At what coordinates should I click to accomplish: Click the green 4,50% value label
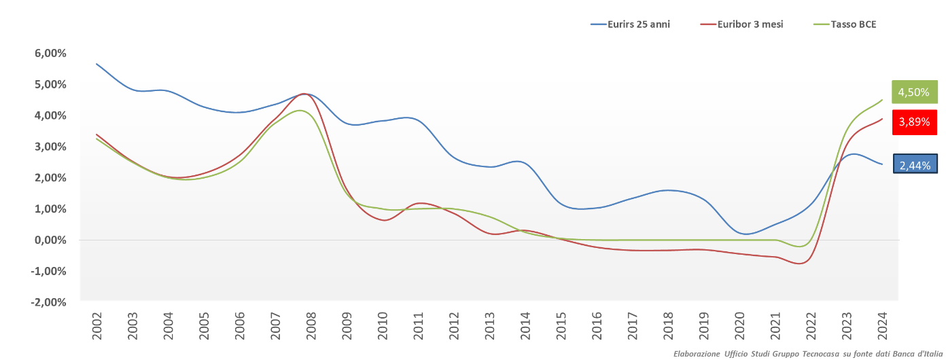coord(913,92)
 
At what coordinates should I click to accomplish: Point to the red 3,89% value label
coord(913,122)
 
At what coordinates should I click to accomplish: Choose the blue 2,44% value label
coord(915,164)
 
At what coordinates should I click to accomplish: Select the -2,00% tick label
coord(46,302)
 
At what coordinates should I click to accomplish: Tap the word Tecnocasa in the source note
coord(815,353)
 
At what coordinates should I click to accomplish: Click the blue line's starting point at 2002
coord(97,64)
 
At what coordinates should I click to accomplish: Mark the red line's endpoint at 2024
coord(882,119)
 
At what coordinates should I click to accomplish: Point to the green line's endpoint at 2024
coord(882,100)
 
